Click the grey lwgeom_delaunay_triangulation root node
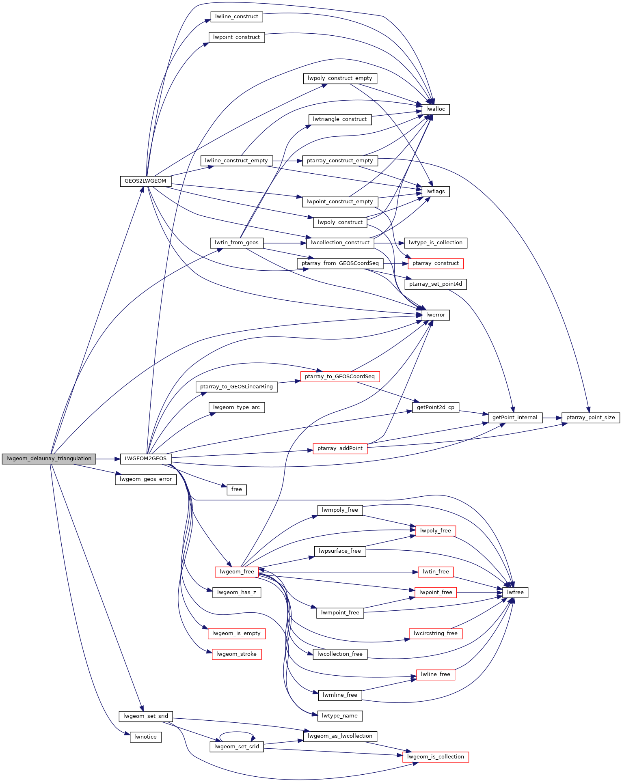49,459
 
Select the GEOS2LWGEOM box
145,181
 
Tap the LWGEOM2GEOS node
145,459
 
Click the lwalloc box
436,109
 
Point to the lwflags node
436,192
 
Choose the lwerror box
436,315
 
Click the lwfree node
515,592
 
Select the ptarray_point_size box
590,418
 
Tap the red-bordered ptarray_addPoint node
340,448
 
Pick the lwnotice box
145,737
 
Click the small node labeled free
236,489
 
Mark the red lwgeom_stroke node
236,654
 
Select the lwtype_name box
340,716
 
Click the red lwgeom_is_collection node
435,757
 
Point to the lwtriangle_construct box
340,119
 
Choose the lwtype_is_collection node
435,243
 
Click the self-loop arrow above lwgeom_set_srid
237,732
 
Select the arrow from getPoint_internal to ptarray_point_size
552,418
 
